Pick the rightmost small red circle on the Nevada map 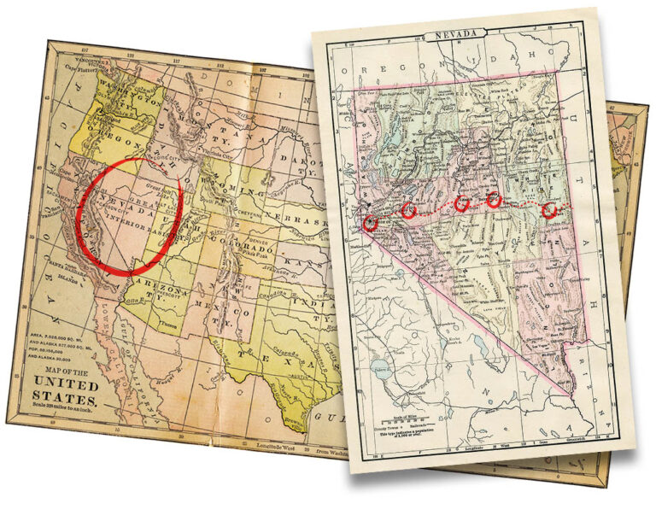(551, 210)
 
